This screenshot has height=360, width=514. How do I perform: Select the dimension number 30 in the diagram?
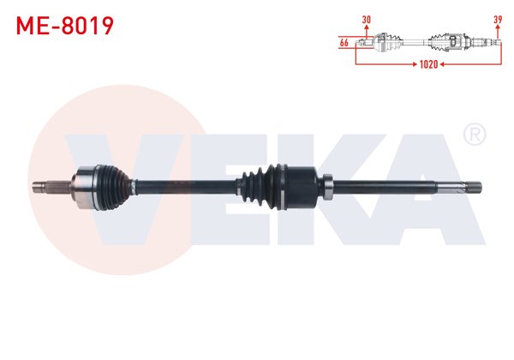point(367,19)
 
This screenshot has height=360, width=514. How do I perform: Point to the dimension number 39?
point(498,19)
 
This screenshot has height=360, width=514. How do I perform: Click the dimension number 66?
point(344,42)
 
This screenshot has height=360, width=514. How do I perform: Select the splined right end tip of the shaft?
point(470,183)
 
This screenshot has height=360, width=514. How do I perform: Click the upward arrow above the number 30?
point(367,33)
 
